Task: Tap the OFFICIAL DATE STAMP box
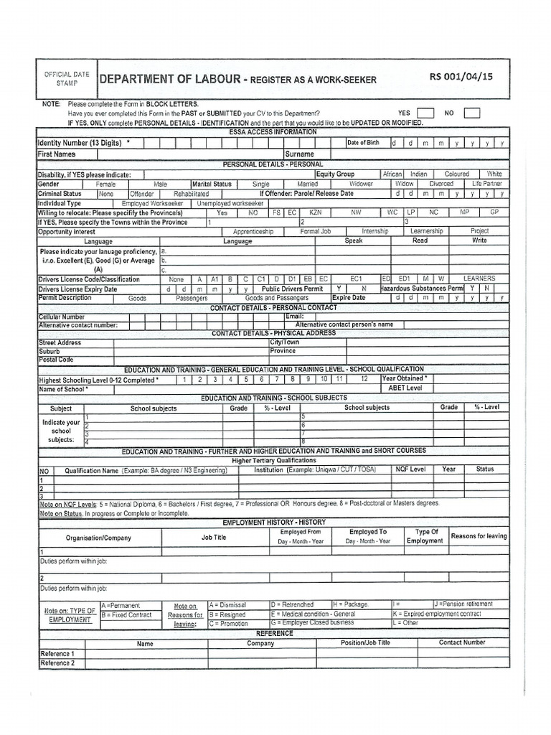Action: (67, 79)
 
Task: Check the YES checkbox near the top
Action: (425, 113)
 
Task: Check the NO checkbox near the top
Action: (471, 113)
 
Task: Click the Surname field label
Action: (299, 154)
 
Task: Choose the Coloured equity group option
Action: (456, 174)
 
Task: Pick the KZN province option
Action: (316, 213)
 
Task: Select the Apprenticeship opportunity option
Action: (253, 232)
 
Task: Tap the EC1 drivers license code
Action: (357, 278)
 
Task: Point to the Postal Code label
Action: (56, 360)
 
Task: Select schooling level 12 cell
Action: (364, 378)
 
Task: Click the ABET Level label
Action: (405, 388)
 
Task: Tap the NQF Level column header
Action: (410, 469)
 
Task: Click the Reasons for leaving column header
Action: (479, 536)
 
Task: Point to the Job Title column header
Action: (214, 537)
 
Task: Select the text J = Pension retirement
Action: (463, 604)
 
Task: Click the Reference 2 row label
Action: (57, 663)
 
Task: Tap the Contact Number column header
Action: (462, 643)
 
